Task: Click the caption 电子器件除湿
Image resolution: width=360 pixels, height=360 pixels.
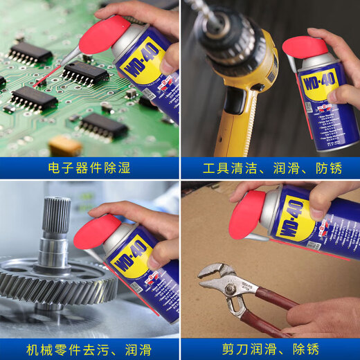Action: tap(90, 168)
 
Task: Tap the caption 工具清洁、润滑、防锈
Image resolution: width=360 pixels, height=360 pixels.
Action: tap(270, 168)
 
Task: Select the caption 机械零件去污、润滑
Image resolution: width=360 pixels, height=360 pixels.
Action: tap(90, 348)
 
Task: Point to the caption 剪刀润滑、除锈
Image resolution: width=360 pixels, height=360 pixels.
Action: tap(270, 348)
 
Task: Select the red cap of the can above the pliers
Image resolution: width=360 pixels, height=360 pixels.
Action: tap(249, 215)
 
